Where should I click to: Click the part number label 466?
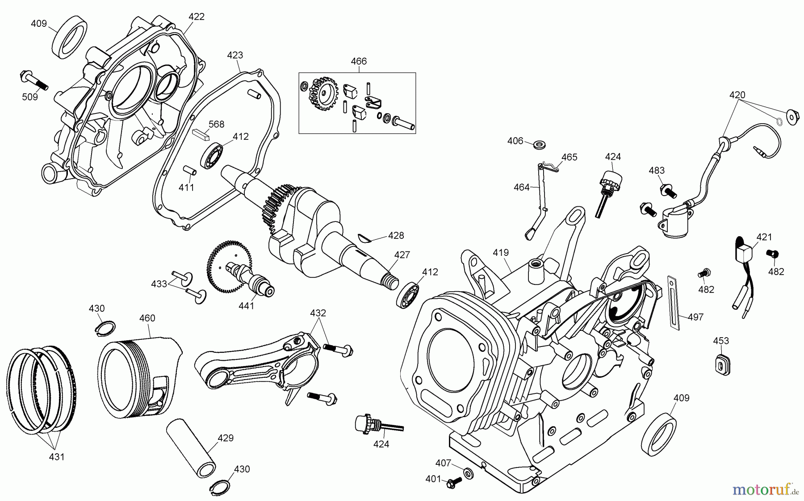[359, 61]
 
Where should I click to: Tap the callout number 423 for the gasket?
[235, 55]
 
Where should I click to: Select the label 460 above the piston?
[147, 318]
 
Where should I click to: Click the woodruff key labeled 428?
[365, 238]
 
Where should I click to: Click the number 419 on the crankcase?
[501, 253]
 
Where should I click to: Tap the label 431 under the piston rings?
[57, 457]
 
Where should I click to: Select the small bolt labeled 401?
[454, 481]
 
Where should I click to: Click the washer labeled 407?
[469, 472]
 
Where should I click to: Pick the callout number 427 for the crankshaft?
[402, 255]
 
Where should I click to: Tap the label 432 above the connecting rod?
[318, 313]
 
